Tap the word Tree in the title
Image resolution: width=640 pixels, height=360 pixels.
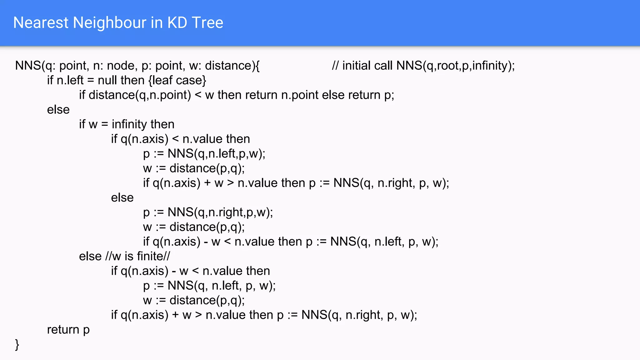(207, 23)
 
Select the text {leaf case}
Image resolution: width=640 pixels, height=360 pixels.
(177, 80)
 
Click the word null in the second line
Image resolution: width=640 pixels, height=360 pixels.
(107, 80)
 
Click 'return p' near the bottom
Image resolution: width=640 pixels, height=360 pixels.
(68, 330)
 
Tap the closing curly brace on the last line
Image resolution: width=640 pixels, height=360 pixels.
(17, 344)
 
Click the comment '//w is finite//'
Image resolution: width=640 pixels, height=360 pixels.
(137, 256)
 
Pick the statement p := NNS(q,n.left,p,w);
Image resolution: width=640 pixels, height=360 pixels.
(204, 154)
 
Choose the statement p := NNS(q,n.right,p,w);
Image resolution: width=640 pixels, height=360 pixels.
(208, 212)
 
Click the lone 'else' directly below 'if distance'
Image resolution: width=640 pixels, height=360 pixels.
(58, 110)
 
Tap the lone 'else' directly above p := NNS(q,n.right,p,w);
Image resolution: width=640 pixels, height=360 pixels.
(122, 198)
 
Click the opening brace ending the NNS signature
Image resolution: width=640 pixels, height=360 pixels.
(257, 66)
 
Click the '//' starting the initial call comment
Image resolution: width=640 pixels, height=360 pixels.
(335, 66)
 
